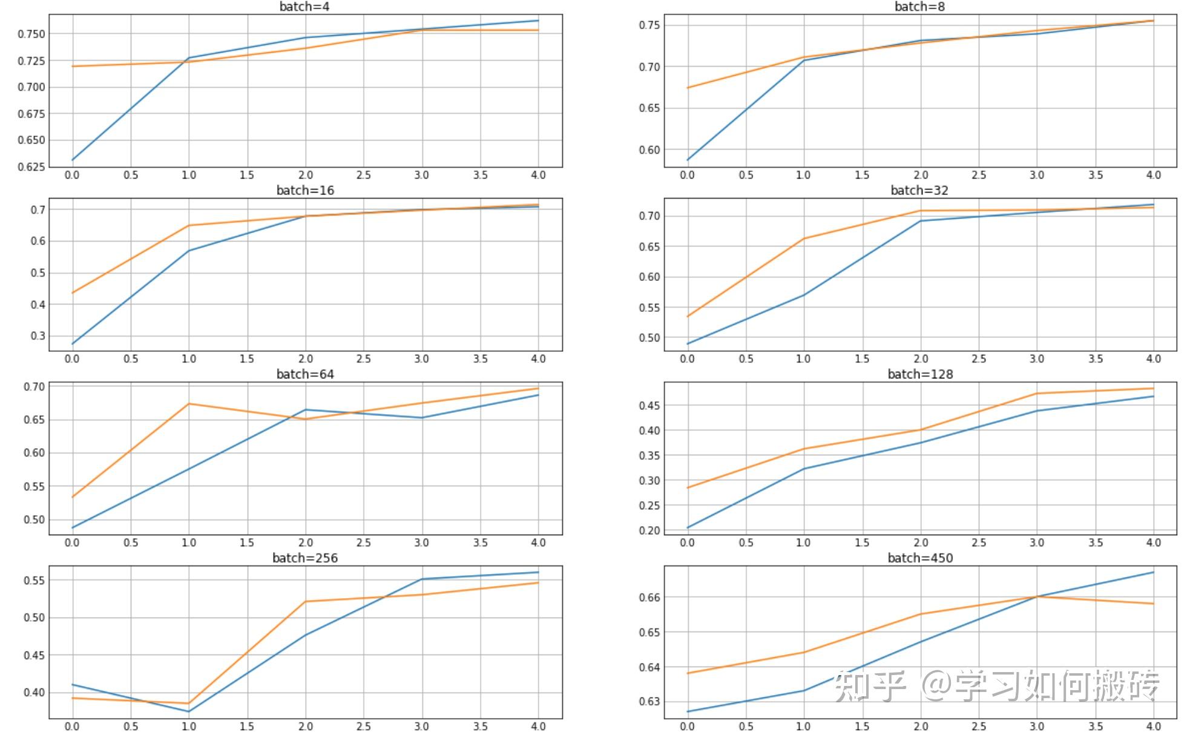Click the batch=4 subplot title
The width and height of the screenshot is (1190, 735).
pyautogui.click(x=304, y=7)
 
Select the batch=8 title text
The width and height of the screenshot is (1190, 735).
pyautogui.click(x=919, y=7)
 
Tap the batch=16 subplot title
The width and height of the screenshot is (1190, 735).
pyautogui.click(x=305, y=190)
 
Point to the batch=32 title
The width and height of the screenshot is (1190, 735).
pyautogui.click(x=919, y=190)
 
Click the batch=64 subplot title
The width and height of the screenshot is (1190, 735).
pyautogui.click(x=305, y=374)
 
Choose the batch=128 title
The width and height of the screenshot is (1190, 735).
pyautogui.click(x=920, y=374)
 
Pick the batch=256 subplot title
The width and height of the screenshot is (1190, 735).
pyautogui.click(x=305, y=558)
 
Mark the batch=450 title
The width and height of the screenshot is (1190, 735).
pyautogui.click(x=920, y=558)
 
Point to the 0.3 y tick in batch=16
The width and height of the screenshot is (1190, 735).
pyautogui.click(x=38, y=336)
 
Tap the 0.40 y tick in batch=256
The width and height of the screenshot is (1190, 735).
pyautogui.click(x=34, y=693)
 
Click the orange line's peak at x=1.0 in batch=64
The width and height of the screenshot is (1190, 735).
pyautogui.click(x=189, y=404)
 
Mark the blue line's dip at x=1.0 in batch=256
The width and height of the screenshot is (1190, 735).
pyautogui.click(x=189, y=711)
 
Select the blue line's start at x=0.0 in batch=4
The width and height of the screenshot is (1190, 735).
pyautogui.click(x=73, y=160)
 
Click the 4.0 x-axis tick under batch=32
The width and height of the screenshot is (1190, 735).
pyautogui.click(x=1153, y=359)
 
